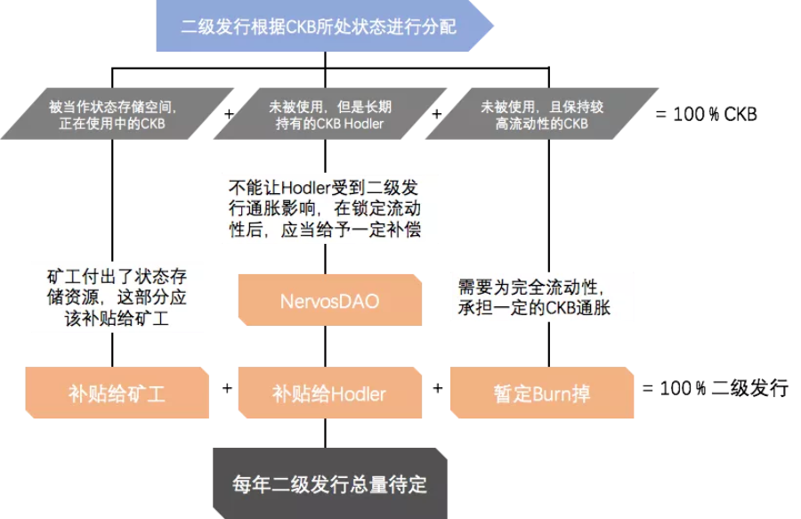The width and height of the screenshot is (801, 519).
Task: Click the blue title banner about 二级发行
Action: click(x=325, y=27)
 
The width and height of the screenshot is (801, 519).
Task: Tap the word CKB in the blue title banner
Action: click(x=303, y=27)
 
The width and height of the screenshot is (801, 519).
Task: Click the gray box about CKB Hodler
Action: click(x=329, y=114)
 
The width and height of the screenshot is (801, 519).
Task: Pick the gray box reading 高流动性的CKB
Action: click(x=541, y=114)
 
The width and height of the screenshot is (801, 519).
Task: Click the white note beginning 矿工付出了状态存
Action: click(x=117, y=296)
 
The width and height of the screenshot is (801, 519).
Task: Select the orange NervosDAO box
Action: click(x=329, y=301)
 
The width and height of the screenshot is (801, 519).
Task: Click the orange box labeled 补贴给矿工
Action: click(x=117, y=393)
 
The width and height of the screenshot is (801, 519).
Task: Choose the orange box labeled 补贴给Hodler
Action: click(x=329, y=393)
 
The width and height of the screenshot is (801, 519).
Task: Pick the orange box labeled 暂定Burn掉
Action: click(x=541, y=393)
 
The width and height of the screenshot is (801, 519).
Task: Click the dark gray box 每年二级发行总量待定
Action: click(x=329, y=484)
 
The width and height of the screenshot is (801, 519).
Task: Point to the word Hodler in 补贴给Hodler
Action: click(x=358, y=393)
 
